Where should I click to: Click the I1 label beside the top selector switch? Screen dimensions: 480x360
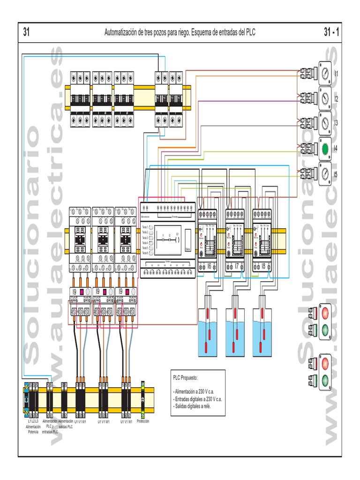[x=336, y=74]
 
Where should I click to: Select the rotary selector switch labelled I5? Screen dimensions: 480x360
[x=325, y=174]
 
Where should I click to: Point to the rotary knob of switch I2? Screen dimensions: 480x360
[x=325, y=98]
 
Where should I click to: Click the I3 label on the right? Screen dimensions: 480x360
[x=336, y=123]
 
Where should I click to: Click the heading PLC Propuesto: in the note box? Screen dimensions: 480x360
[x=186, y=377]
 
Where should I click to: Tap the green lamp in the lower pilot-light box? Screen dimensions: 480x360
[x=325, y=380]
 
